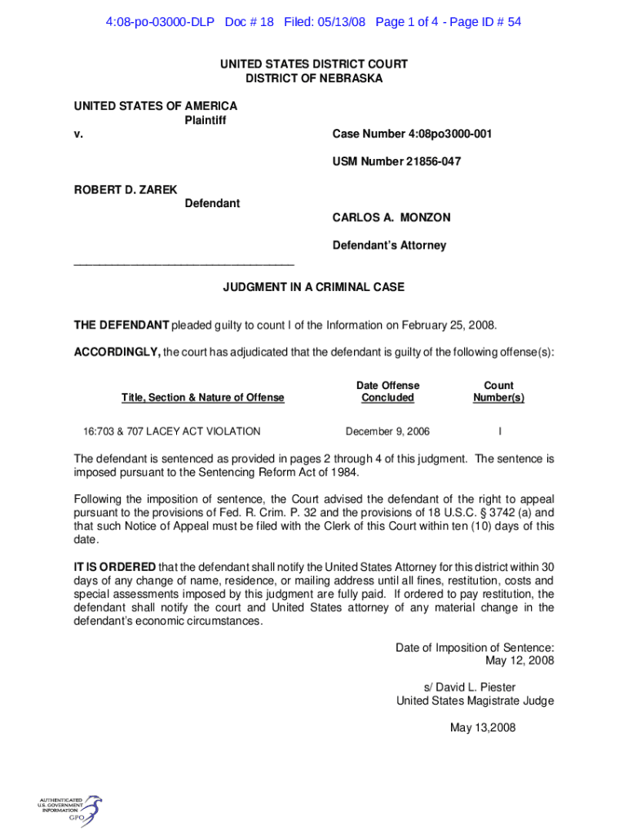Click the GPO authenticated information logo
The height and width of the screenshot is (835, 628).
[x=69, y=811]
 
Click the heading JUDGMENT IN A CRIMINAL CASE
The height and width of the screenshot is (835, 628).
[x=314, y=288]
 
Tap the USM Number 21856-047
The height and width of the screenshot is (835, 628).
[x=396, y=161]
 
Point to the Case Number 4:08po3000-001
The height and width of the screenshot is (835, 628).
[x=412, y=134]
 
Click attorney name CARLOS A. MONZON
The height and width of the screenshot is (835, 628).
[x=391, y=218]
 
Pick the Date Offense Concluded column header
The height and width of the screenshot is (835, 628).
[x=387, y=391]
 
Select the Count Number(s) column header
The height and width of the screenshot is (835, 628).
[x=498, y=391]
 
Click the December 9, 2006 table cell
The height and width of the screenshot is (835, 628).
[x=387, y=431]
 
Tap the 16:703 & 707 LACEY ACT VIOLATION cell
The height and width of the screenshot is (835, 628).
[x=172, y=431]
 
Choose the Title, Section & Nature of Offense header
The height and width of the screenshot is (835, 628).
[x=203, y=398]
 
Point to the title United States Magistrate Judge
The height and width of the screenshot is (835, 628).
[x=475, y=701]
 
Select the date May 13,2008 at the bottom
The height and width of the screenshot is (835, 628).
[x=483, y=728]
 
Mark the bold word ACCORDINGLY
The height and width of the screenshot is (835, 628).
[x=117, y=352]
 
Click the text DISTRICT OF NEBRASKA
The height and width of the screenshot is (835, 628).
[x=314, y=78]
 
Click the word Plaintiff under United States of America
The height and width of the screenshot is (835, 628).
[x=206, y=120]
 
